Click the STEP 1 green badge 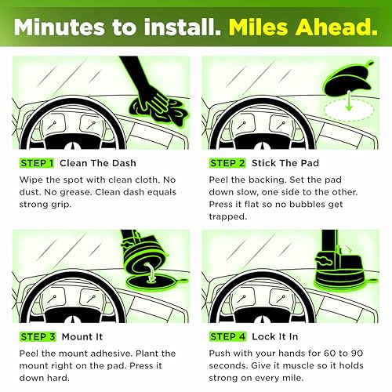[x=37, y=163]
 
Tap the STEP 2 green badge [x=227, y=163]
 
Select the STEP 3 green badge [x=38, y=336]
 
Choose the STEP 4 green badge [x=227, y=336]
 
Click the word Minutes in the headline [x=60, y=27]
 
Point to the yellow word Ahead [x=336, y=27]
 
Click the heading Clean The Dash [x=98, y=163]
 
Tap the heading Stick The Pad [x=285, y=163]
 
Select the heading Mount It [x=82, y=336]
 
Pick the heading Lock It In [x=275, y=336]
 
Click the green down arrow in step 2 [x=349, y=100]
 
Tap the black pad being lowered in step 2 [x=347, y=78]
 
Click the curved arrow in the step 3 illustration [x=151, y=273]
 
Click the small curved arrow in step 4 [x=347, y=249]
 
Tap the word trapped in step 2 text [x=228, y=217]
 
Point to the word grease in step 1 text [x=75, y=193]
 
